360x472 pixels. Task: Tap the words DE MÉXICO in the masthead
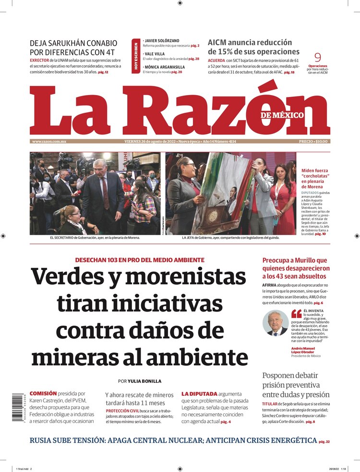coord(282,115)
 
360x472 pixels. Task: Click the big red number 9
coord(317,57)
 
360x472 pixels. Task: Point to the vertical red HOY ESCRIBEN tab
coord(136,57)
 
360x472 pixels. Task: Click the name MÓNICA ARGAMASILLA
coord(165,67)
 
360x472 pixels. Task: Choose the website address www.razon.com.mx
coord(49,142)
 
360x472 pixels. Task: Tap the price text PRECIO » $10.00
coord(313,142)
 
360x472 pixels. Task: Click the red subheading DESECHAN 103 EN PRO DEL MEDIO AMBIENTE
coord(140,260)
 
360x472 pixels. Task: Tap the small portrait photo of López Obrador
coord(276,323)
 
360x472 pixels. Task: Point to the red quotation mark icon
coord(297,314)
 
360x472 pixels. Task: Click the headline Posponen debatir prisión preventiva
coord(296,385)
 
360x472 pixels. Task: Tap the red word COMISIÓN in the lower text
coord(43,393)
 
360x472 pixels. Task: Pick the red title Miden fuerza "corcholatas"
coord(314,178)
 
